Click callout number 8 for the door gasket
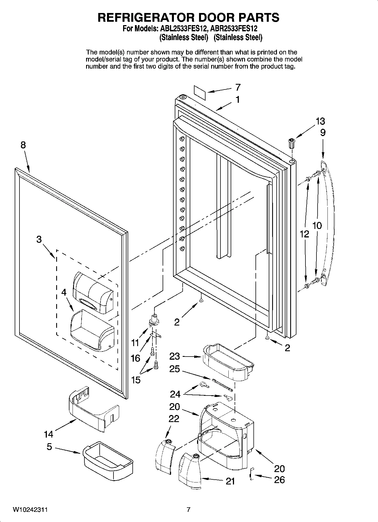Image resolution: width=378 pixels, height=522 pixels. point(23,145)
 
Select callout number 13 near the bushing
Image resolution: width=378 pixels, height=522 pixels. point(320,121)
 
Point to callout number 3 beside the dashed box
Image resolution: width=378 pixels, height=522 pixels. point(39,239)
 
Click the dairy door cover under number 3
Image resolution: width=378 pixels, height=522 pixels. point(93,293)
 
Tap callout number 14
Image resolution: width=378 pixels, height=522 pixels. point(49,434)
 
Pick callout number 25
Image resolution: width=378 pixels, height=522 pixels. point(174,369)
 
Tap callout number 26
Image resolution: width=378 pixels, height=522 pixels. point(279,480)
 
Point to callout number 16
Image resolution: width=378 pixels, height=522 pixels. point(136,358)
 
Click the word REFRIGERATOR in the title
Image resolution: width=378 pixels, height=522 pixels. point(145,18)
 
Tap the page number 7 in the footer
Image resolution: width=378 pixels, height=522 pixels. point(189,510)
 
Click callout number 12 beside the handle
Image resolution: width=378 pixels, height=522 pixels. point(304,234)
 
